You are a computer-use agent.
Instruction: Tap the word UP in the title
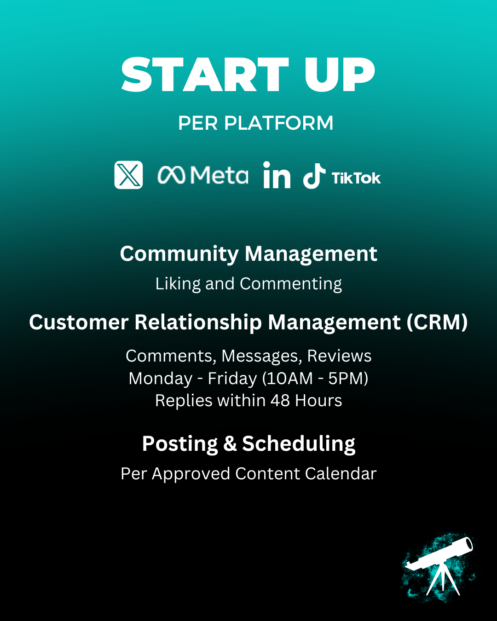tap(339, 75)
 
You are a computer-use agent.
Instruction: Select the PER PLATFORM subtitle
tap(255, 123)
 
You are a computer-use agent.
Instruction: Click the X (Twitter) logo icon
tap(128, 175)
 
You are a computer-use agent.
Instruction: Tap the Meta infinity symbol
tap(171, 175)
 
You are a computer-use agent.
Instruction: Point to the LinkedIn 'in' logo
tap(277, 175)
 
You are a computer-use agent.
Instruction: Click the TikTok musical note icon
tap(314, 176)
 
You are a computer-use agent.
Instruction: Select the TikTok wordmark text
tap(356, 178)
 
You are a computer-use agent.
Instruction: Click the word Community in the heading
tap(179, 254)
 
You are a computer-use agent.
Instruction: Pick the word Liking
tap(178, 284)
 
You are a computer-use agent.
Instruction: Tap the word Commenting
tap(291, 284)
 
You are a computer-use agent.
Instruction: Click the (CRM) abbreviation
tap(437, 322)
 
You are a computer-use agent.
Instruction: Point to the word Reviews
tap(339, 356)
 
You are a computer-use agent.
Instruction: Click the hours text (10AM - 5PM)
tap(315, 379)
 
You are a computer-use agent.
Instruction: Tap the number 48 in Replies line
tap(280, 401)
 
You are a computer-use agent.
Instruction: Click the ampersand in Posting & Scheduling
tap(230, 444)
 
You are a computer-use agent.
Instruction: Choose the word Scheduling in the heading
tap(299, 444)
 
